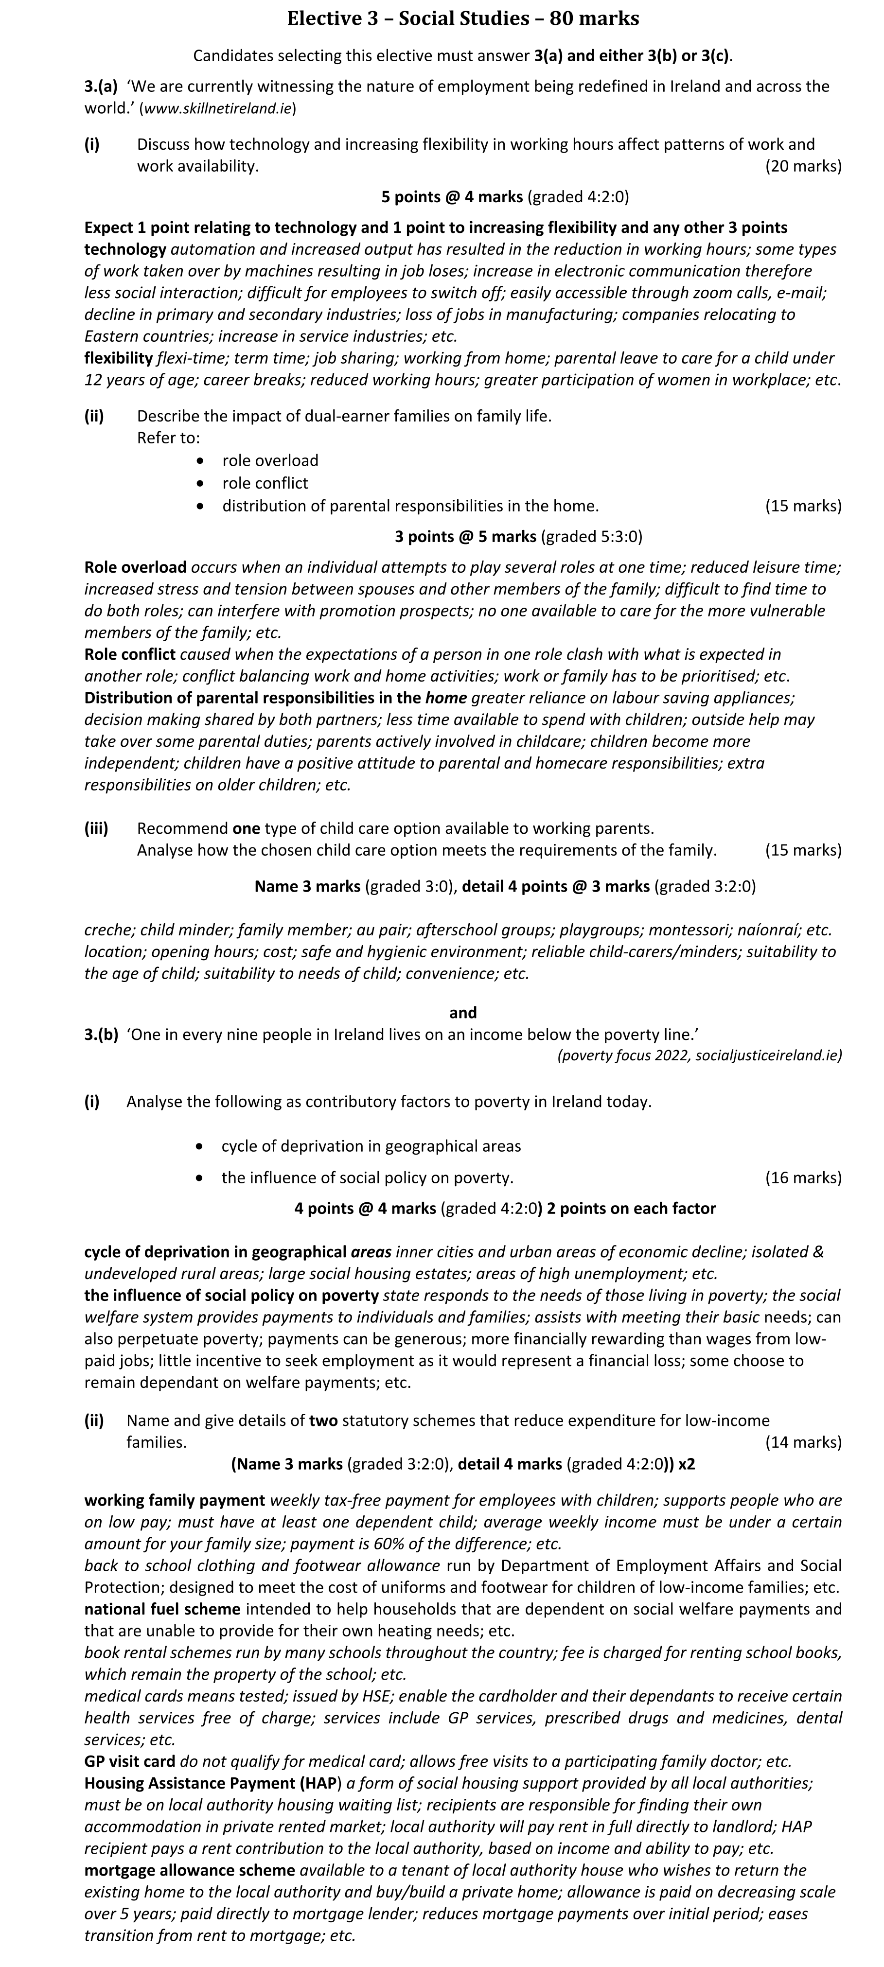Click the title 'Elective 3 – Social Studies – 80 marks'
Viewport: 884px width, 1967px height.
[462, 19]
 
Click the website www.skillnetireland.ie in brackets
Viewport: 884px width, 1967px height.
[217, 108]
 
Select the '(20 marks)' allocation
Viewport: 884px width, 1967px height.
[803, 166]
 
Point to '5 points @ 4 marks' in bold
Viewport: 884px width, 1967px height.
[452, 197]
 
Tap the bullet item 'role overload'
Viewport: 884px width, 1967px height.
[270, 460]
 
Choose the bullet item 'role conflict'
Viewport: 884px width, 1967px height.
[265, 483]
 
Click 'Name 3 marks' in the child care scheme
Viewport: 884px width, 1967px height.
[307, 887]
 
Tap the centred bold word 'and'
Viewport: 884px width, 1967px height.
[463, 1013]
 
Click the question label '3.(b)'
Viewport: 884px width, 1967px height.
[101, 1035]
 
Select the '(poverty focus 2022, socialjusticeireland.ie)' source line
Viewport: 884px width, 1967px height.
[699, 1056]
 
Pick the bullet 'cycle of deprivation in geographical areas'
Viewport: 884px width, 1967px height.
[371, 1146]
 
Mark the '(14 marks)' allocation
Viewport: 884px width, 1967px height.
[803, 1442]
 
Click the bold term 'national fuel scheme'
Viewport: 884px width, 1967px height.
[162, 1609]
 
